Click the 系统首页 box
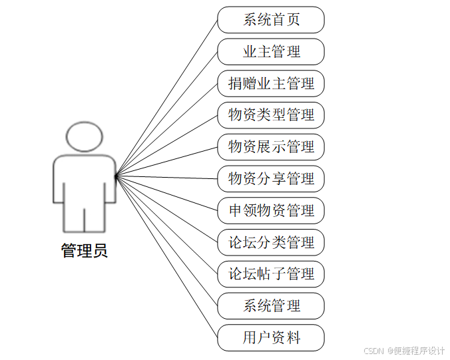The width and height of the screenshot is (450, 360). pyautogui.click(x=271, y=20)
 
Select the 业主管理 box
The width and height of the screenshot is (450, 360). pyautogui.click(x=271, y=52)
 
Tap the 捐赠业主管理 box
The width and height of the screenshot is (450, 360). pyautogui.click(x=271, y=84)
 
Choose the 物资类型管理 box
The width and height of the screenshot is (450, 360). pyautogui.click(x=271, y=115)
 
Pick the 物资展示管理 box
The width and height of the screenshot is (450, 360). pyautogui.click(x=271, y=147)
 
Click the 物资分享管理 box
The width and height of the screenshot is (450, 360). pyautogui.click(x=271, y=179)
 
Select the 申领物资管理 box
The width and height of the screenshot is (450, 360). pyautogui.click(x=271, y=211)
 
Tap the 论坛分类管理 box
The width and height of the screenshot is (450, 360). pyautogui.click(x=271, y=242)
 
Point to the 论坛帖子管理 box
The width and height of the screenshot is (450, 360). pyautogui.click(x=271, y=274)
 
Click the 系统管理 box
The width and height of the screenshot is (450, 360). pyautogui.click(x=271, y=306)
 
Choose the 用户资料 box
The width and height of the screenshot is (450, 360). pyautogui.click(x=271, y=338)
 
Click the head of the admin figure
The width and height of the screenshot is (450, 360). pyautogui.click(x=85, y=136)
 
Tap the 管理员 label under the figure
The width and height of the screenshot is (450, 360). pyautogui.click(x=85, y=251)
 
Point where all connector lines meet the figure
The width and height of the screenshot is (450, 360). pyautogui.click(x=115, y=176)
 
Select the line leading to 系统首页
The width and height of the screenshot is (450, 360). pyautogui.click(x=166, y=98)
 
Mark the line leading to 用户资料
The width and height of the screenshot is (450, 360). pyautogui.click(x=166, y=257)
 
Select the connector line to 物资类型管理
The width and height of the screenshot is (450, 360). pyautogui.click(x=166, y=146)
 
